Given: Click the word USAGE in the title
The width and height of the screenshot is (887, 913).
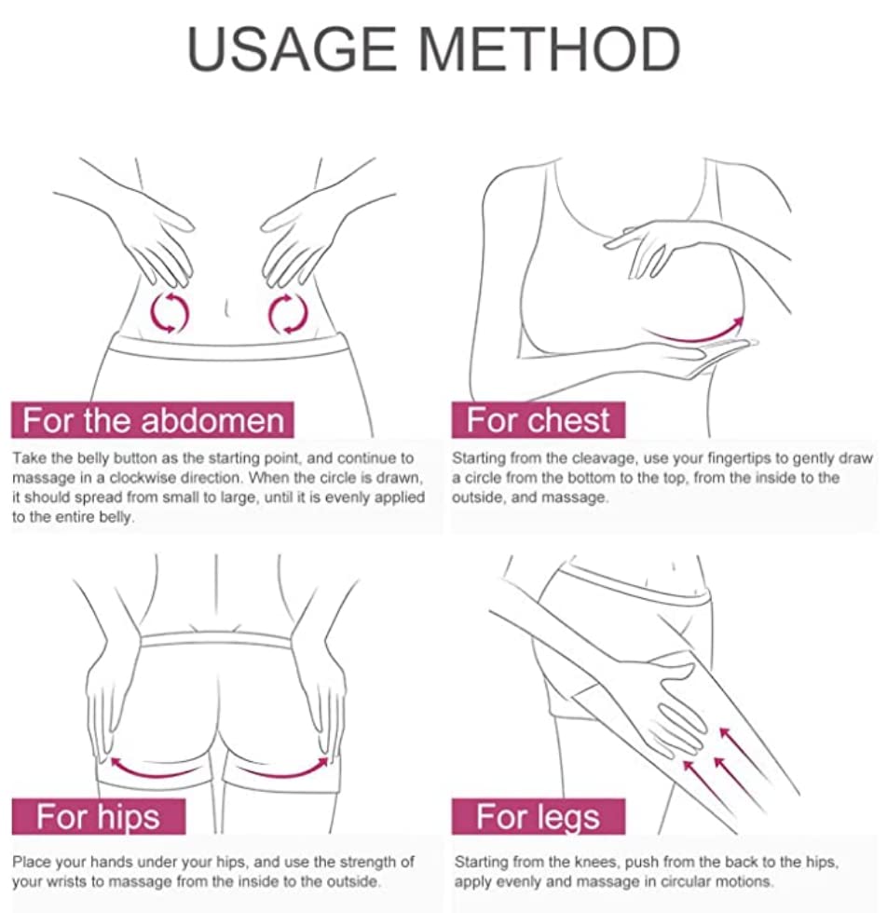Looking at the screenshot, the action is [292, 48].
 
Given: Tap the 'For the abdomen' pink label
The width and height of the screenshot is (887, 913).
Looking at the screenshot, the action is [153, 420].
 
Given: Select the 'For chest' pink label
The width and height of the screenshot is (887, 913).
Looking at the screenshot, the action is [539, 420].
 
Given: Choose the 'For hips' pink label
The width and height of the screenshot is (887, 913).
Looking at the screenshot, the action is [99, 816].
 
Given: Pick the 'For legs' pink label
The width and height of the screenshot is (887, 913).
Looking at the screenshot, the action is [539, 816].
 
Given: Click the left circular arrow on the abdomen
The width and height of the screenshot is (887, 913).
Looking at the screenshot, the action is [170, 313].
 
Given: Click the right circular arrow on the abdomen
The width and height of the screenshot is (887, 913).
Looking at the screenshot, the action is [288, 314].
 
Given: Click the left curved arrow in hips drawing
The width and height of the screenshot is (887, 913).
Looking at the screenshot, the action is [152, 771].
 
